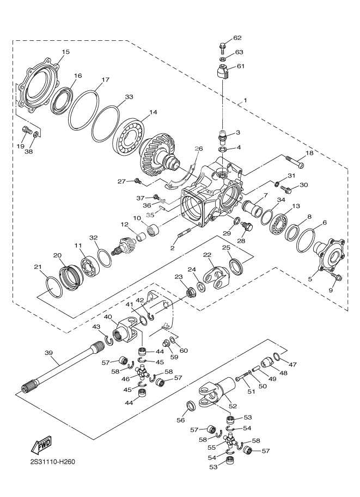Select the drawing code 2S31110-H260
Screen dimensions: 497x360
[52, 463]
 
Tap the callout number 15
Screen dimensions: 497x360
[65, 52]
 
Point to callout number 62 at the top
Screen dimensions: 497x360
[237, 38]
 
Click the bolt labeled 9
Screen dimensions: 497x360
[335, 278]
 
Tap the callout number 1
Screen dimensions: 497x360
[245, 101]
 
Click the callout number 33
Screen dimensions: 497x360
[129, 97]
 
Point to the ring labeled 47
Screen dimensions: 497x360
[277, 357]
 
